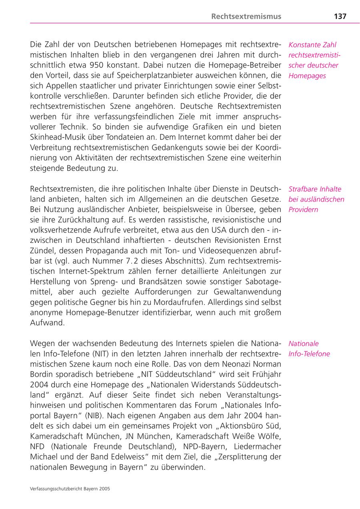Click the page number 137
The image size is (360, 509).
pos(340,16)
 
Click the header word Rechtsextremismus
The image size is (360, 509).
pos(246,16)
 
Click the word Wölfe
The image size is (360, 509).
pos(269,436)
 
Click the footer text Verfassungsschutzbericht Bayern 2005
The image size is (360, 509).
pos(70,489)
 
